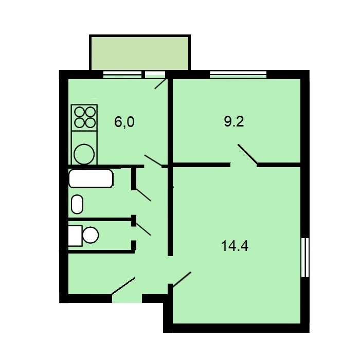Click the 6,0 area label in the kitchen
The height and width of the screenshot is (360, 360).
(x=124, y=122)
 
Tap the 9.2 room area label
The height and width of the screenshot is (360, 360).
(x=234, y=121)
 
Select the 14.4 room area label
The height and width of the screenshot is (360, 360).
(x=235, y=246)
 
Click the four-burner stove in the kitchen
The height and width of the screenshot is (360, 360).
(x=84, y=118)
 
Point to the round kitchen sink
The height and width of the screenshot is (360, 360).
(x=84, y=154)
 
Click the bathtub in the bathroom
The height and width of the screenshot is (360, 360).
(x=91, y=178)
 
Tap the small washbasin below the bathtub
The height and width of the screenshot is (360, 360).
(x=77, y=204)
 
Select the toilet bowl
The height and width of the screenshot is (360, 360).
(x=91, y=235)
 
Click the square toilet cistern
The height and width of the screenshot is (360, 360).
(x=75, y=236)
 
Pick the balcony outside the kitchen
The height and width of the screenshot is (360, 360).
(x=140, y=52)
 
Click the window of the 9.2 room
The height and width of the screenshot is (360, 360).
(x=238, y=75)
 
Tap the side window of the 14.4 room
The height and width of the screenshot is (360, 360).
(x=305, y=257)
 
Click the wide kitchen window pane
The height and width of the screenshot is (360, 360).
(x=122, y=75)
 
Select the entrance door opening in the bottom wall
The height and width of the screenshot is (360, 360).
(x=127, y=298)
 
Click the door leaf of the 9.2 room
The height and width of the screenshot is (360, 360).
(x=247, y=154)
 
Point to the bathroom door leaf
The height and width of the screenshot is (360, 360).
(x=143, y=195)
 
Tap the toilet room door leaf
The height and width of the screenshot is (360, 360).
(x=143, y=229)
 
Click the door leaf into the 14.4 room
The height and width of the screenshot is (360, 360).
(x=182, y=279)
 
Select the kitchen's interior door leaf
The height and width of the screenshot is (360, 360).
(x=153, y=160)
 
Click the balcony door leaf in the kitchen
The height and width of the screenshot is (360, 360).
(x=160, y=84)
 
